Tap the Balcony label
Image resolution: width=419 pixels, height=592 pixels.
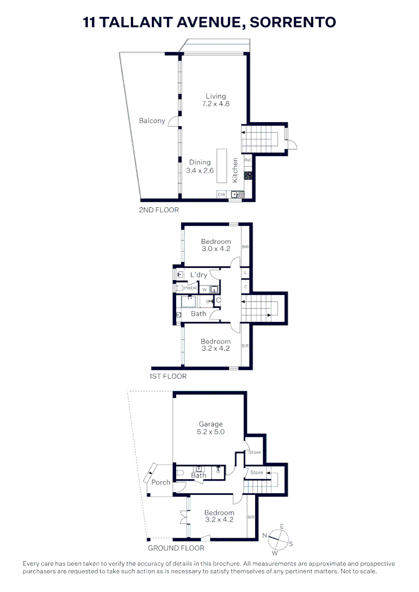[152, 121]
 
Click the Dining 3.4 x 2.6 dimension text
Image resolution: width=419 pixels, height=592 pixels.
[200, 170]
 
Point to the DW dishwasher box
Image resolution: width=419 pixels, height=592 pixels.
[222, 194]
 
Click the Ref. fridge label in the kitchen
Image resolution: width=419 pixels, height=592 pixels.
[247, 160]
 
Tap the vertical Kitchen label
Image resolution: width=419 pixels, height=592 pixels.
[235, 170]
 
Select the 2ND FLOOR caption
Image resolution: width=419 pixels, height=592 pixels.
[159, 210]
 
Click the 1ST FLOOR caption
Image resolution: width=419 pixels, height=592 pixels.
[168, 377]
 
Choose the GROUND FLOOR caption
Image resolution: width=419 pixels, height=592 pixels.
[176, 548]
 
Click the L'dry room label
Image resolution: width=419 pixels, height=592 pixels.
[199, 275]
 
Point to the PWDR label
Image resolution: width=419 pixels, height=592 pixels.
[190, 288]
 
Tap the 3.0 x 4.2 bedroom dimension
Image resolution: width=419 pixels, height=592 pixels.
[216, 248]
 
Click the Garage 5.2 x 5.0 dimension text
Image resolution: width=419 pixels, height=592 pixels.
[211, 431]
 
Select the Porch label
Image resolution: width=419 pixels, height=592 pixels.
[161, 482]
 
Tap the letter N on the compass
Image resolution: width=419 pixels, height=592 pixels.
[264, 535]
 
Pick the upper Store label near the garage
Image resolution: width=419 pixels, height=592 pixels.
[254, 452]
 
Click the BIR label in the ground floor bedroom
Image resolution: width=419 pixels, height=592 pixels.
[251, 516]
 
